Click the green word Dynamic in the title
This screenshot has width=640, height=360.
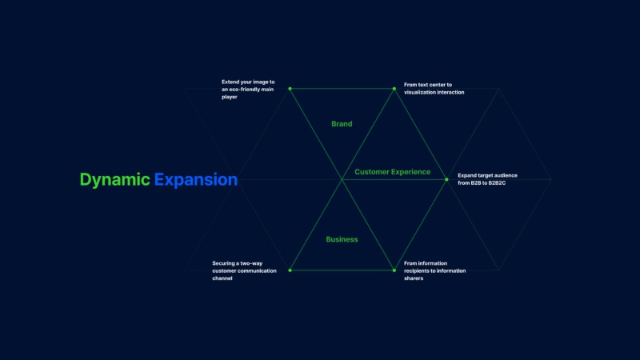[114, 180]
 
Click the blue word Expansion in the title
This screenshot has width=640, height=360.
[196, 180]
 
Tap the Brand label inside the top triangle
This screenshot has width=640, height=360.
[342, 124]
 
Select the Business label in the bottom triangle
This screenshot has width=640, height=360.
[342, 239]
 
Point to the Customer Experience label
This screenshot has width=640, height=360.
[392, 172]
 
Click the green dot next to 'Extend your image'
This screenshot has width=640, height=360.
[290, 89]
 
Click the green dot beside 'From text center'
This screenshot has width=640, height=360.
[394, 89]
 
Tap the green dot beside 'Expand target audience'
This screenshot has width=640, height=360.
[446, 179]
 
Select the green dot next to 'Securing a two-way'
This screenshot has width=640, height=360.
[290, 270]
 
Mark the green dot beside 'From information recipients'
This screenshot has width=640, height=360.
[394, 270]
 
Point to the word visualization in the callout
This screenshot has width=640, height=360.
[419, 92]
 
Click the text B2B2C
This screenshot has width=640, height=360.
[497, 183]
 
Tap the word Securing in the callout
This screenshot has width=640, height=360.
[223, 263]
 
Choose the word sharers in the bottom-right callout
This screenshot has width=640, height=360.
[414, 278]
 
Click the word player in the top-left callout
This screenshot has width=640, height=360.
[230, 97]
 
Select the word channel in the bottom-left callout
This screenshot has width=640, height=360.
[222, 278]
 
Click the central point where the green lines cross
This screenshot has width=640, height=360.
[342, 179]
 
